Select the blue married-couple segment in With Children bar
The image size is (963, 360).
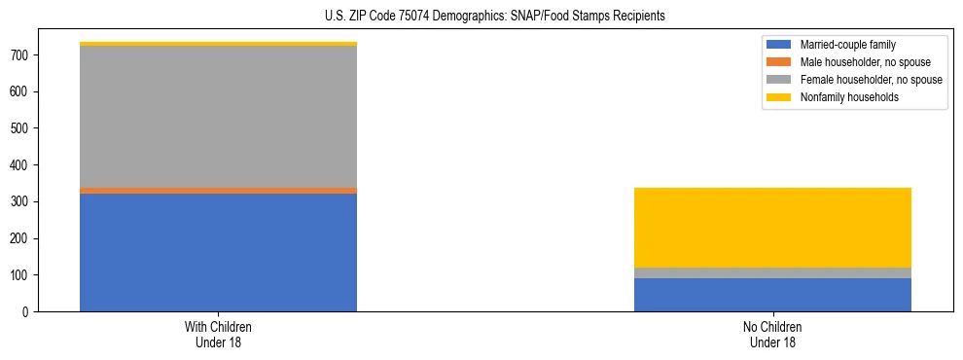[218, 252]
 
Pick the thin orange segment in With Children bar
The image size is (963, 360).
[218, 191]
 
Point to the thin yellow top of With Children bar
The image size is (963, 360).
[218, 44]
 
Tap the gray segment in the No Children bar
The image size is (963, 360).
[772, 273]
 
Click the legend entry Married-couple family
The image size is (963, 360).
[847, 45]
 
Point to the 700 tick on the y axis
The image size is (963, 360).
[21, 55]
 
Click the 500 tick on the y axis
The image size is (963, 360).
[21, 128]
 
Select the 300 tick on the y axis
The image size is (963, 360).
[21, 202]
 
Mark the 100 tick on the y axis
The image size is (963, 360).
[21, 275]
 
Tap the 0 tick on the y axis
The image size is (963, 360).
[28, 312]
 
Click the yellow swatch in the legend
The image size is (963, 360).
[779, 97]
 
